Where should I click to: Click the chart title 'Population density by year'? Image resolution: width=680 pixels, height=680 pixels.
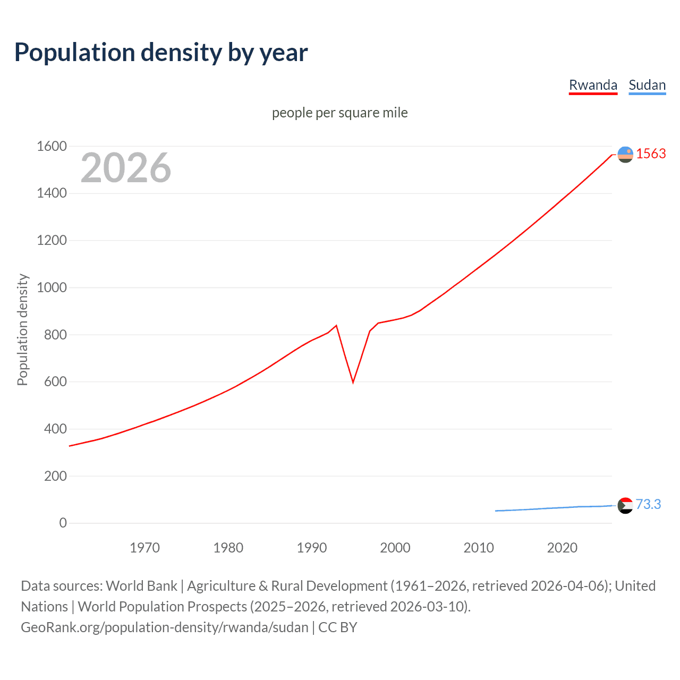coord(161,53)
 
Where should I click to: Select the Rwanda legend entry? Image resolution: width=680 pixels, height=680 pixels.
coord(593,85)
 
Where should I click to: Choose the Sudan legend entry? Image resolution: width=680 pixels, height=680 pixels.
coord(647,85)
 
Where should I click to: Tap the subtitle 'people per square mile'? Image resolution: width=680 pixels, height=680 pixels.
coord(339,113)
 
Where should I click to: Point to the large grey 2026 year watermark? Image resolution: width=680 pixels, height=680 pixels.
coord(126,168)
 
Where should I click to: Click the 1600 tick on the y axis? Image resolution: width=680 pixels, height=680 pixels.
coord(52,146)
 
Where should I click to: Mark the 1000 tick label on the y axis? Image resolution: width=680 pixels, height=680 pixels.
coord(52,287)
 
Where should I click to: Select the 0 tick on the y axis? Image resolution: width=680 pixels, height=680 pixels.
coord(63,523)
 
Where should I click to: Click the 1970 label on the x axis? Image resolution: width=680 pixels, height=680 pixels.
coord(144,547)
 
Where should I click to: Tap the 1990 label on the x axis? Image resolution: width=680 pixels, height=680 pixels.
coord(311,547)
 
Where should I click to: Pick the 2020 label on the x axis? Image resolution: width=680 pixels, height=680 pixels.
coord(562,547)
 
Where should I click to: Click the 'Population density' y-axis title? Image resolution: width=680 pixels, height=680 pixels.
coord(22,329)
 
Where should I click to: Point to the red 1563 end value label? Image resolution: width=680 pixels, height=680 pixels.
coord(651,154)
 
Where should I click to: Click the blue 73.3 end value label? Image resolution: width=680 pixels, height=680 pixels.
coord(648,504)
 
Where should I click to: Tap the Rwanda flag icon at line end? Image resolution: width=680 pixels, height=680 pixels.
coord(625,155)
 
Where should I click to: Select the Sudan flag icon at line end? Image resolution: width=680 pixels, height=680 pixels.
coord(625,506)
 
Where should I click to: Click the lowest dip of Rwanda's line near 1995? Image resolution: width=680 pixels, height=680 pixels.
coord(353,382)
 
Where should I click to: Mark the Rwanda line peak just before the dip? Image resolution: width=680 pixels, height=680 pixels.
coord(336,326)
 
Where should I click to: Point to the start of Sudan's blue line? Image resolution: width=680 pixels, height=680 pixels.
coord(496,511)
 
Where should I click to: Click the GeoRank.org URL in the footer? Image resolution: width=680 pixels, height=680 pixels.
coord(165,627)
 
